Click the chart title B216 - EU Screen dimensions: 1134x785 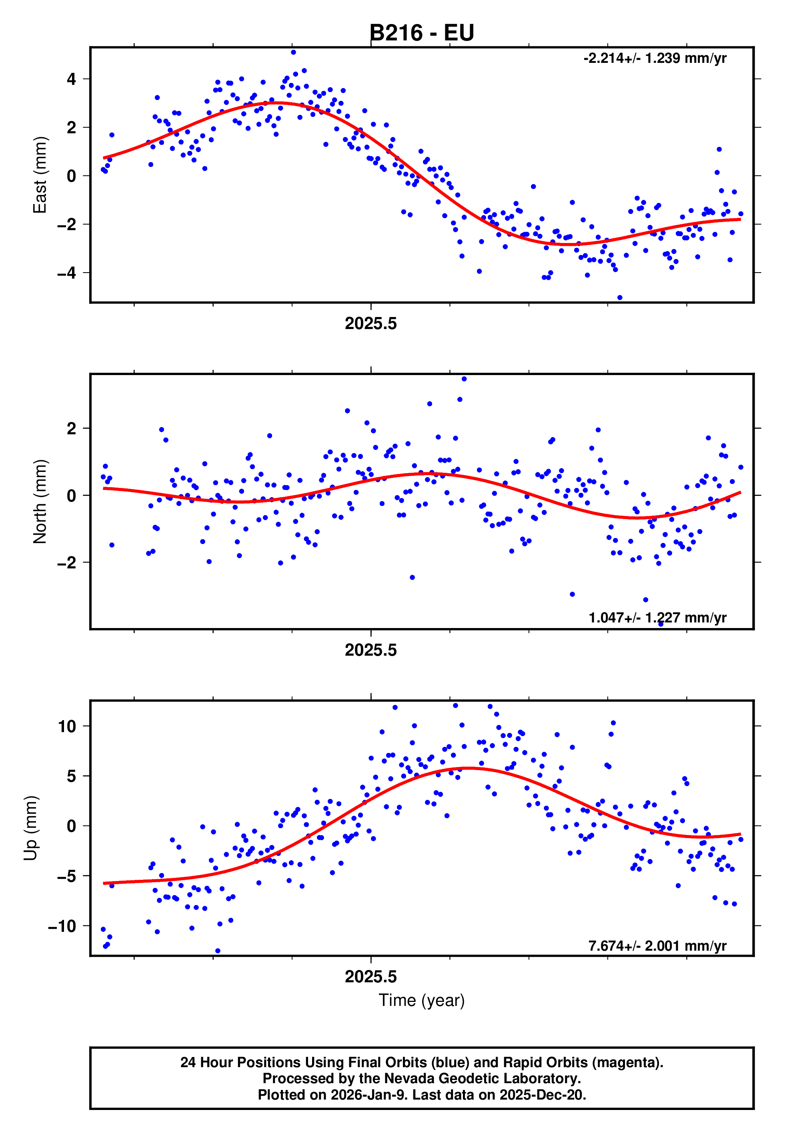(x=422, y=33)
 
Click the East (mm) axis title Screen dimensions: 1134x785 (x=40, y=175)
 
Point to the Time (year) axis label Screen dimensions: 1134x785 (x=422, y=1000)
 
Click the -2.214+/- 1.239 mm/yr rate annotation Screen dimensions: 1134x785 (x=655, y=58)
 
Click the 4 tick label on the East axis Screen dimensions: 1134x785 (x=72, y=79)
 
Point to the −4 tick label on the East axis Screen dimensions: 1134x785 (x=66, y=273)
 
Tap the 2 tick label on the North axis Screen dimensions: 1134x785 (x=72, y=429)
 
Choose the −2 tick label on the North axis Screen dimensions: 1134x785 (x=66, y=562)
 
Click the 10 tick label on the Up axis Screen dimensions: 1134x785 (x=67, y=726)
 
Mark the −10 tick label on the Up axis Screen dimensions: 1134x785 (x=62, y=926)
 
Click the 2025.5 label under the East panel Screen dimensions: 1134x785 (x=370, y=324)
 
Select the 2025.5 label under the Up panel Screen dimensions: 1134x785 (x=370, y=977)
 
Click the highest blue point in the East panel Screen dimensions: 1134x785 (x=293, y=52)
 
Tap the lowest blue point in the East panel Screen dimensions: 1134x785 (x=619, y=298)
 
